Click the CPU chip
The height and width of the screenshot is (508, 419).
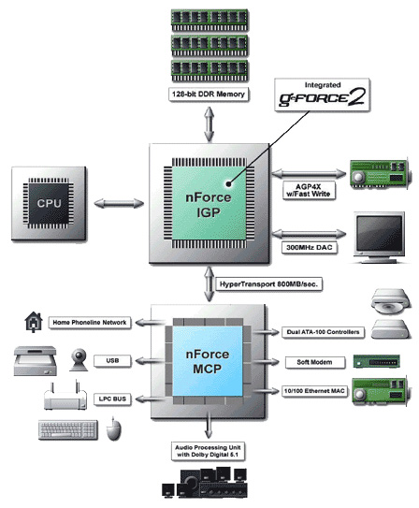coord(49,203)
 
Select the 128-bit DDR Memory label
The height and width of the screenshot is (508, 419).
coord(209,94)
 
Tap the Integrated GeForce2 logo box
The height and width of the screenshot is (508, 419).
coord(322,94)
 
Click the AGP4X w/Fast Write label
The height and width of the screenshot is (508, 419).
coord(309,190)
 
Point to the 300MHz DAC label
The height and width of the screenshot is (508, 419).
coord(310,248)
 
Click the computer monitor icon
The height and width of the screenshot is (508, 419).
coord(379,238)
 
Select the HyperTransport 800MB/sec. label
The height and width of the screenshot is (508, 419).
coord(268,284)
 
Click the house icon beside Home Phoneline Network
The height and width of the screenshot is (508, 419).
coord(34,322)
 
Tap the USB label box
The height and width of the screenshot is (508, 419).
coord(112,360)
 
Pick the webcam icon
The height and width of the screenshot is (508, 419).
coord(79,359)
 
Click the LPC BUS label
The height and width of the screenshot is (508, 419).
coord(112,399)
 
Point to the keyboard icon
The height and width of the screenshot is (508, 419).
coord(68,430)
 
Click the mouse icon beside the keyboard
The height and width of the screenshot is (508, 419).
coord(114,429)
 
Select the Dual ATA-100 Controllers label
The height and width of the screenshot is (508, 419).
coord(323,332)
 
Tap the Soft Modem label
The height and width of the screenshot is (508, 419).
coord(314,362)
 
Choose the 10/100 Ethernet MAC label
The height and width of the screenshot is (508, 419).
coord(314,391)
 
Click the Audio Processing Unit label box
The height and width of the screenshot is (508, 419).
coord(208,451)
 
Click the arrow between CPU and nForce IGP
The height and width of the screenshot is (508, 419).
coord(119,203)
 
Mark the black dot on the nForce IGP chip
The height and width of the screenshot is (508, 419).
coord(228,183)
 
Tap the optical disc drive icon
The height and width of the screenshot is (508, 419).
coord(391,302)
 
